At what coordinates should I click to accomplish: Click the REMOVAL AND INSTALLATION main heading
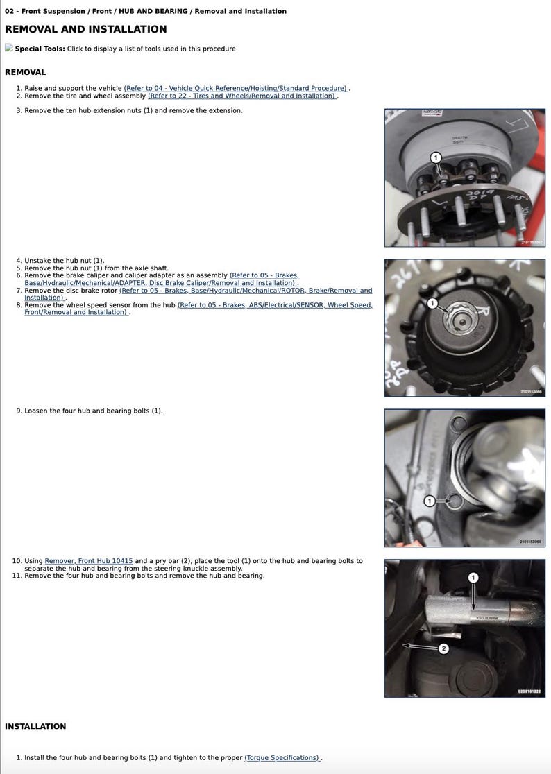(x=85, y=29)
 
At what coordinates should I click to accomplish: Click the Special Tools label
(x=40, y=49)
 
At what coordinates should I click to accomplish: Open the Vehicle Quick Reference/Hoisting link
(x=236, y=89)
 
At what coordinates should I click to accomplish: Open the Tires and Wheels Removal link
(x=242, y=96)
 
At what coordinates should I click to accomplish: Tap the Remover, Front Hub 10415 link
(x=88, y=560)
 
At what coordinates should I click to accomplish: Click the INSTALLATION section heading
(x=35, y=726)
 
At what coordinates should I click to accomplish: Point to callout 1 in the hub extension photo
(x=436, y=157)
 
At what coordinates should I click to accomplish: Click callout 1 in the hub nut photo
(x=432, y=303)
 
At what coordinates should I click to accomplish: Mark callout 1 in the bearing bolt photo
(x=429, y=500)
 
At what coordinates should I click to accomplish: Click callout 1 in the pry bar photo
(x=473, y=577)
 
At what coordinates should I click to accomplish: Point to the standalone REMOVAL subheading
(x=25, y=72)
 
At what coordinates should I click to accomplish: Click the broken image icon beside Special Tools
(x=9, y=48)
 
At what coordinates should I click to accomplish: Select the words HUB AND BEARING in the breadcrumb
(x=155, y=11)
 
